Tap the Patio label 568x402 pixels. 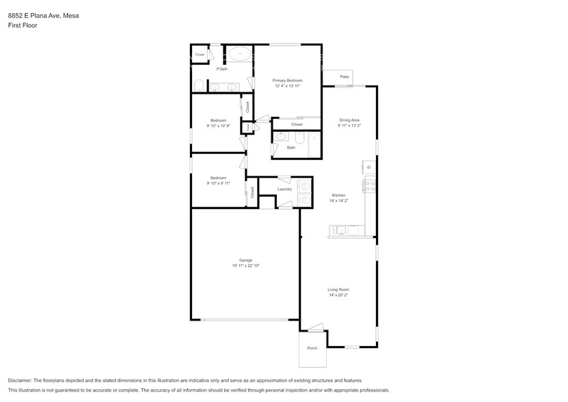coord(344,77)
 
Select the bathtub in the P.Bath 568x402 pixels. coord(239,54)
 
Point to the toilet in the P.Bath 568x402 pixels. coord(198,85)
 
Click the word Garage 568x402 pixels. coord(245,260)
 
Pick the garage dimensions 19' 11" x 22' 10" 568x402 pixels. coord(245,265)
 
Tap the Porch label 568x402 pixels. coord(312,348)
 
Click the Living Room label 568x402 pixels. coord(338,290)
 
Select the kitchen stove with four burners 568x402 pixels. coord(369,183)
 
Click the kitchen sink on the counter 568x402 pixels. coord(340,230)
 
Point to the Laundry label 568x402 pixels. coord(284,189)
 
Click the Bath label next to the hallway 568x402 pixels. coord(291,147)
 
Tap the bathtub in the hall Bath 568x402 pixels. coord(313,144)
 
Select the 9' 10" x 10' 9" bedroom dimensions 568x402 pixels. coord(218,126)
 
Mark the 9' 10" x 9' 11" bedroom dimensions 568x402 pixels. coord(218,183)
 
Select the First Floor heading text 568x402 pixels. coord(22,25)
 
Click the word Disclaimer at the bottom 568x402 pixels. coord(23,380)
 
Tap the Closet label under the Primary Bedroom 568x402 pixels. coord(297,124)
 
